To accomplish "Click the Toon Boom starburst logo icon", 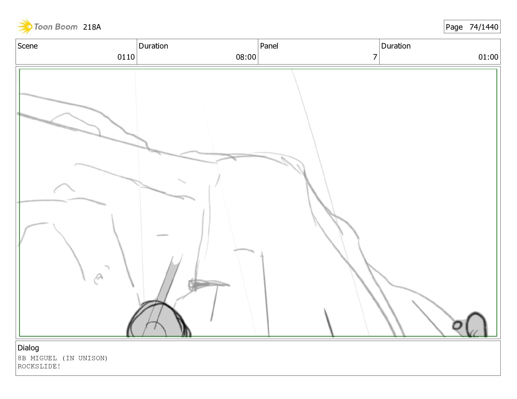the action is pos(25,27).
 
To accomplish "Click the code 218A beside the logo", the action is pos(92,27).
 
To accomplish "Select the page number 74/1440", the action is pos(484,27).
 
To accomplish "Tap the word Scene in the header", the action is pos(28,46).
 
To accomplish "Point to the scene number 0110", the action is pos(126,57).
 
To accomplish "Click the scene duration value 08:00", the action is pos(246,57).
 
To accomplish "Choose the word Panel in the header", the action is pos(269,46).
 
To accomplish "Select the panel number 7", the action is pos(375,57).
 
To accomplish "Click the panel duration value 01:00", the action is pos(488,57).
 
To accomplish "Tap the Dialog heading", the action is pos(28,348).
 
